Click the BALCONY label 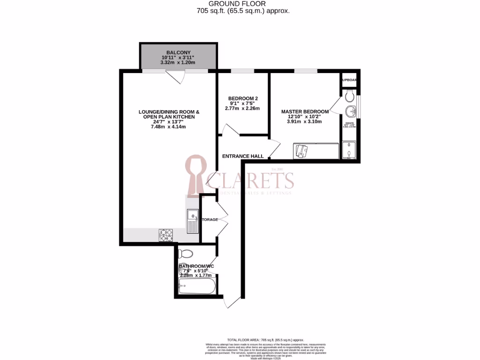(x=178, y=52)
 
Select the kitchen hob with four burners (x=165, y=234)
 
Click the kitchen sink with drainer (x=192, y=221)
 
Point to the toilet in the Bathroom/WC (x=186, y=254)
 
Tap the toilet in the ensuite (x=348, y=97)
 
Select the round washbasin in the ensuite (x=350, y=112)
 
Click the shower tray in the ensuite (x=349, y=150)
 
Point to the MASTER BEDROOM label (x=305, y=112)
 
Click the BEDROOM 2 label (x=243, y=98)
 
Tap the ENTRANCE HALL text (x=242, y=156)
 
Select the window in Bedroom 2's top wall (x=242, y=71)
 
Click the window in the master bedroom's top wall (x=305, y=71)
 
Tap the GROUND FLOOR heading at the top (x=240, y=3)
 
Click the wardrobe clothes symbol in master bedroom (x=301, y=150)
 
